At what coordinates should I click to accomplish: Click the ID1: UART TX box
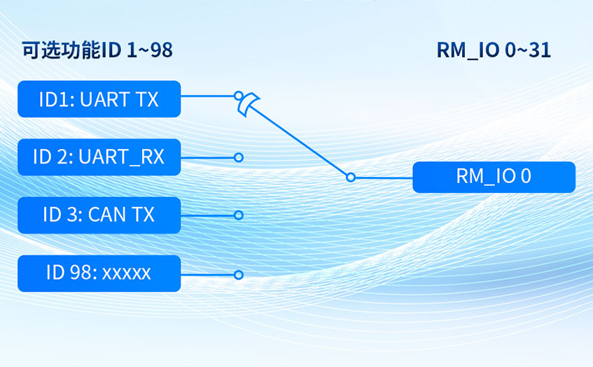pyautogui.click(x=99, y=99)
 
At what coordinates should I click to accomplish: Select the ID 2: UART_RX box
pyautogui.click(x=99, y=157)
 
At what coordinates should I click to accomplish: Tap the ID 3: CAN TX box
pyautogui.click(x=99, y=215)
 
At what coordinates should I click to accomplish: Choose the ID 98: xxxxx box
pyautogui.click(x=99, y=273)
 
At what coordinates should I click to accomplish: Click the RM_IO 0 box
pyautogui.click(x=494, y=177)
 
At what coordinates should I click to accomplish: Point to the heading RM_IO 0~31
pyautogui.click(x=493, y=50)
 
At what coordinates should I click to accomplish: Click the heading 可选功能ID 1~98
pyautogui.click(x=97, y=50)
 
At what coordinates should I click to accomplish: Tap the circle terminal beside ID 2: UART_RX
pyautogui.click(x=239, y=158)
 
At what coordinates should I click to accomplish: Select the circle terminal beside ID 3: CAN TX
pyautogui.click(x=239, y=215)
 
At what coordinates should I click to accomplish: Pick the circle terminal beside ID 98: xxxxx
pyautogui.click(x=239, y=275)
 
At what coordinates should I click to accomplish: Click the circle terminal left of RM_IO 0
pyautogui.click(x=351, y=178)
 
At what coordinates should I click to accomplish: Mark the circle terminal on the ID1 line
pyautogui.click(x=239, y=94)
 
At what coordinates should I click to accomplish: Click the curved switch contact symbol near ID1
pyautogui.click(x=247, y=104)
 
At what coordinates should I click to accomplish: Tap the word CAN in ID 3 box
pyautogui.click(x=109, y=215)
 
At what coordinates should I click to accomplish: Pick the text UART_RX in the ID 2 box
pyautogui.click(x=121, y=157)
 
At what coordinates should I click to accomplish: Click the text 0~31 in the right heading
pyautogui.click(x=526, y=50)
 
